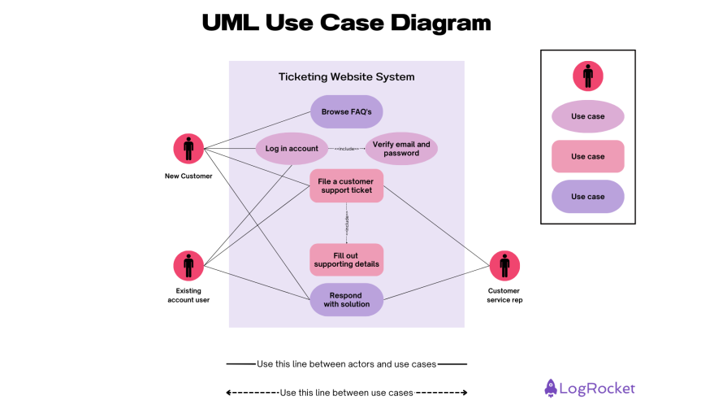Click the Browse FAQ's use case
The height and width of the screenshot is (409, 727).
pos(346,111)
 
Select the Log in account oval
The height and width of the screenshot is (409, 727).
pos(292,149)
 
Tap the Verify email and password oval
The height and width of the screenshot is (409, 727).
pos(401,149)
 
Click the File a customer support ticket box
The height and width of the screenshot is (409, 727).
pos(346,185)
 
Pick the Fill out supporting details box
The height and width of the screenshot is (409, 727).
pos(346,260)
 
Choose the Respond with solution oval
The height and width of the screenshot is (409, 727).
pos(346,300)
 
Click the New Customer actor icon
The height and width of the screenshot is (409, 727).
pos(188,149)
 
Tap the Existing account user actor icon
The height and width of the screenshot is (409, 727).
pos(188,265)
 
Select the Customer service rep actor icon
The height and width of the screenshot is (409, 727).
pos(504,265)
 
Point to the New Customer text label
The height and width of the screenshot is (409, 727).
pos(188,176)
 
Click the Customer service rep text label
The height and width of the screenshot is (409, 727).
pos(504,295)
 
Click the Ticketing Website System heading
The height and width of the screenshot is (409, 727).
pos(346,77)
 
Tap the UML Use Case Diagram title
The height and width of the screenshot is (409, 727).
pos(346,23)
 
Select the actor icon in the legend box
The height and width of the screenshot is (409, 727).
pos(587,76)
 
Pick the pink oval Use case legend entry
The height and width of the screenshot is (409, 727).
pos(587,116)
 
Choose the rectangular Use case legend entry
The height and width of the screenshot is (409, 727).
pos(587,156)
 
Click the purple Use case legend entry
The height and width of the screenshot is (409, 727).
pos(587,197)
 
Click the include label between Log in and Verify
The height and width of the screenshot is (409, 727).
pos(347,149)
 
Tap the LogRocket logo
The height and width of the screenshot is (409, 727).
pos(590,389)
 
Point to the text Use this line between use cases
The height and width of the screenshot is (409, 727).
pos(346,393)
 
